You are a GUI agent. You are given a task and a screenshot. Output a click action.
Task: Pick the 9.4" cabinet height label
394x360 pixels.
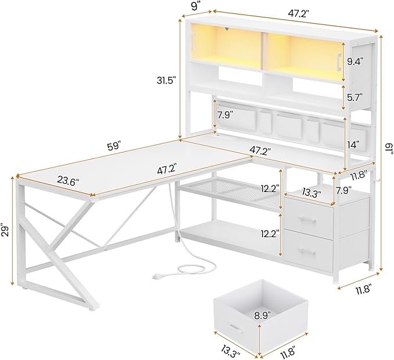click(355, 61)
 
